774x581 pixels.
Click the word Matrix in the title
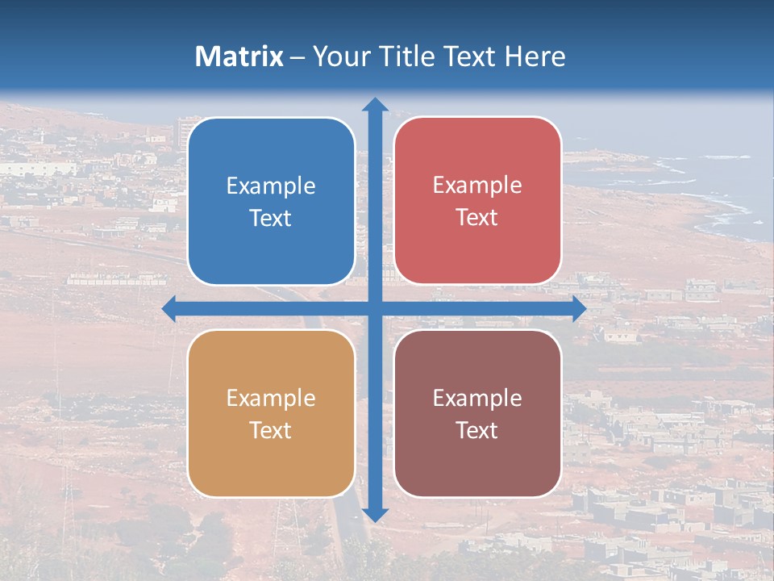coord(239,56)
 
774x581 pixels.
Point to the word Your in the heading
coord(337,56)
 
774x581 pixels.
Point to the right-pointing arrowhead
coord(579,309)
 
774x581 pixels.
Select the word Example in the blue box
coord(271,186)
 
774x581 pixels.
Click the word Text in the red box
coord(477,218)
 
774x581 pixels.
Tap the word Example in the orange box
coord(271,398)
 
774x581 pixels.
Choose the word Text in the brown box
coord(477,430)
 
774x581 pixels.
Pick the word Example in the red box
coord(477,185)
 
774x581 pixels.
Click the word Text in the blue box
coord(271,219)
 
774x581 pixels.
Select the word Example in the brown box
coord(477,398)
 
